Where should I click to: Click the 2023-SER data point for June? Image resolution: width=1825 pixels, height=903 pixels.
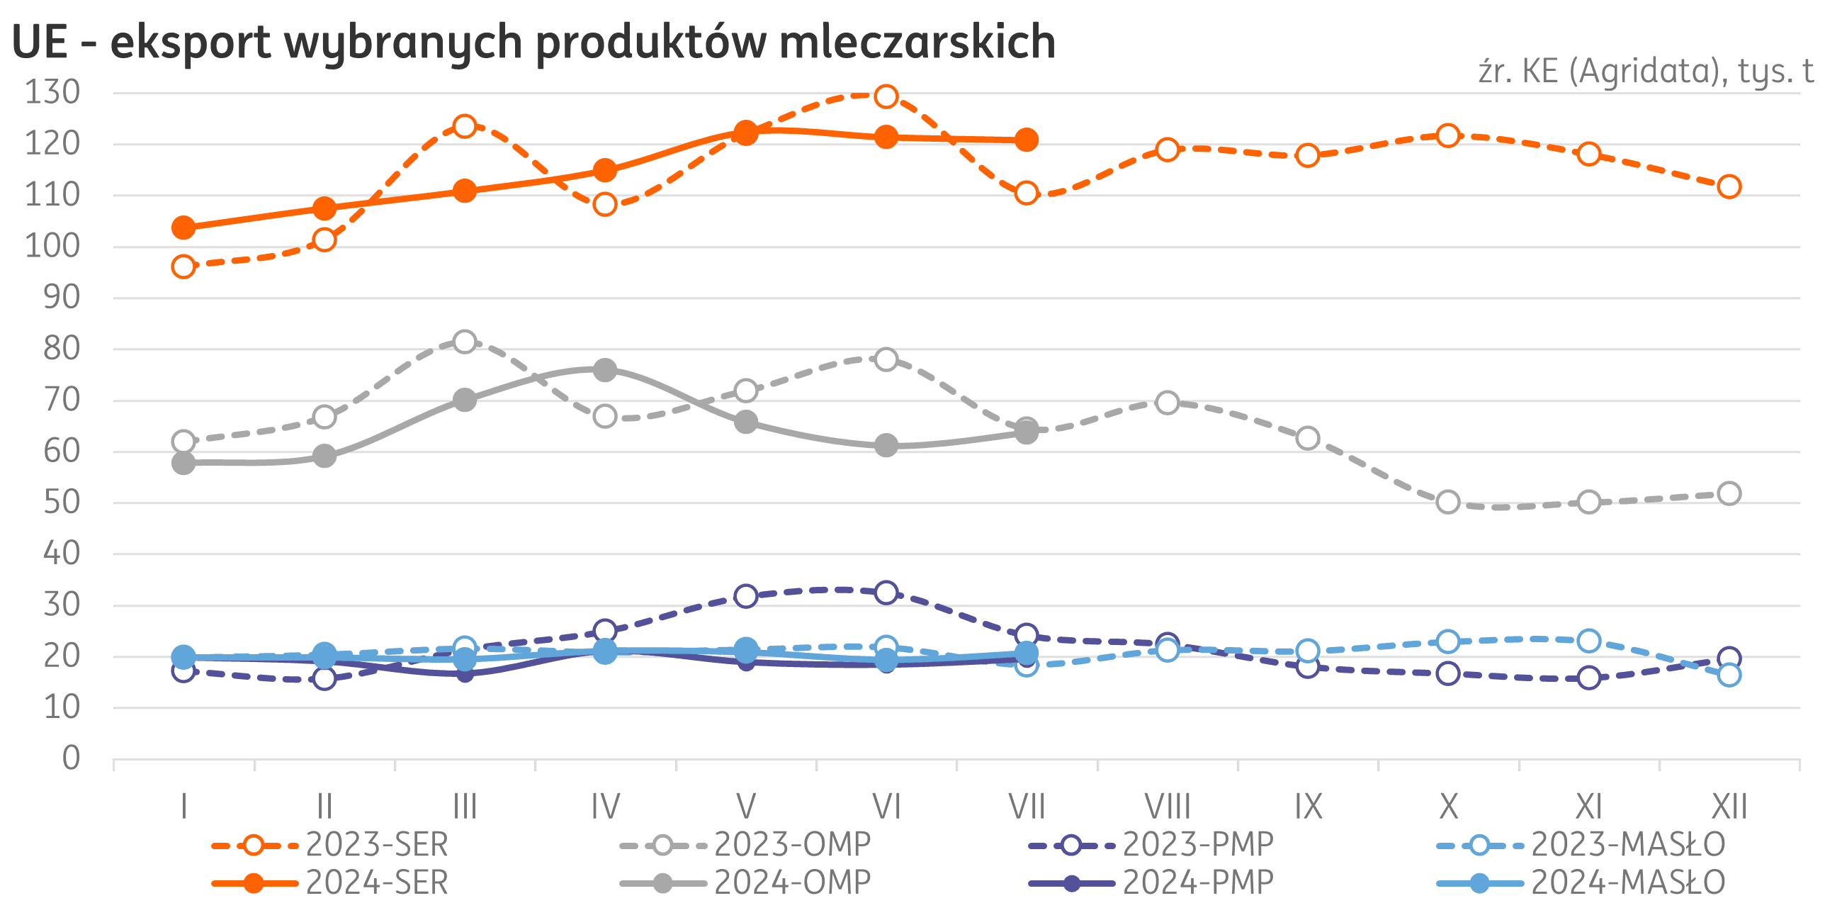(x=886, y=96)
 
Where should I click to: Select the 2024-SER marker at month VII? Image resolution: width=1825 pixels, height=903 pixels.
(x=1027, y=140)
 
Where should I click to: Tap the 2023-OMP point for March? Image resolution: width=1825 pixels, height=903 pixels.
(x=465, y=342)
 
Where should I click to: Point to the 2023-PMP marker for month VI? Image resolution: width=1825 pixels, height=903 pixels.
(x=886, y=593)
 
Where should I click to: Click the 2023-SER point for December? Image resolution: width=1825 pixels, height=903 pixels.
(x=1729, y=186)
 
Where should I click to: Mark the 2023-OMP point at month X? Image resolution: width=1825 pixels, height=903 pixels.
(x=1449, y=502)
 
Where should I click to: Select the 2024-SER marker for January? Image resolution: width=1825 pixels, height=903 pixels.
(x=183, y=228)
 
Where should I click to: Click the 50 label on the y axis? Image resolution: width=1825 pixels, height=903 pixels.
(x=62, y=503)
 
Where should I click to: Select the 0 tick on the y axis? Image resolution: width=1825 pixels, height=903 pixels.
(x=71, y=758)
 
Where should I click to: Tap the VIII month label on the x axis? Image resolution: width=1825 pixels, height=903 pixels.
(x=1168, y=807)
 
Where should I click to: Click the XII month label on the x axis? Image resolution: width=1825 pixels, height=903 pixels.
(x=1729, y=807)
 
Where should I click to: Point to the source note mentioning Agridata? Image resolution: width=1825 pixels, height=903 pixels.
(x=1645, y=72)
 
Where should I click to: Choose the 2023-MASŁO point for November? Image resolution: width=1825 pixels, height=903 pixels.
(x=1589, y=641)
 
